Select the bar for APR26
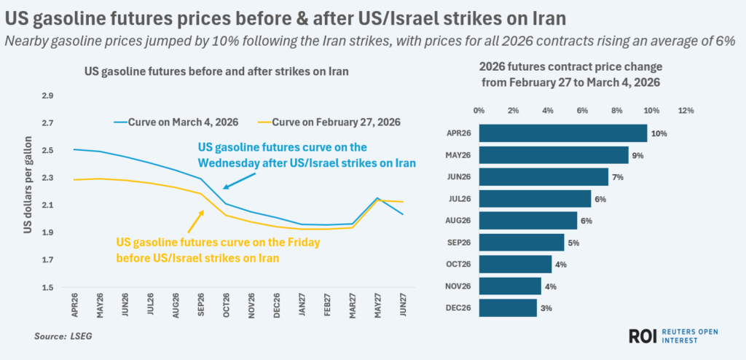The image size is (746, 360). pyautogui.click(x=563, y=133)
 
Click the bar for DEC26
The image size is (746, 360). pyautogui.click(x=508, y=308)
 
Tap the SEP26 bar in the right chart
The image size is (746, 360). pyautogui.click(x=522, y=242)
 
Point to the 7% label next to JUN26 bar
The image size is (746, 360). pyautogui.click(x=620, y=177)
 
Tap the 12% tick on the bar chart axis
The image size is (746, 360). pyautogui.click(x=686, y=111)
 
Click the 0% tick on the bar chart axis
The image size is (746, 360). pyautogui.click(x=479, y=111)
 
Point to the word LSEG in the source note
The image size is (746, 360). pyautogui.click(x=79, y=336)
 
